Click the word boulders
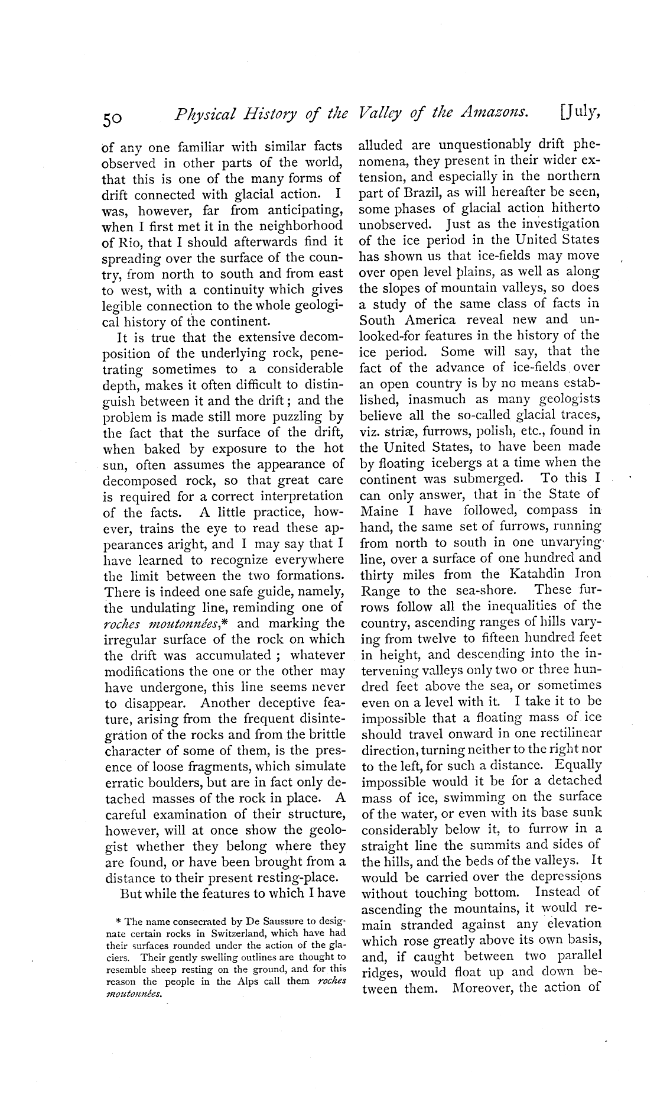(x=167, y=782)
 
